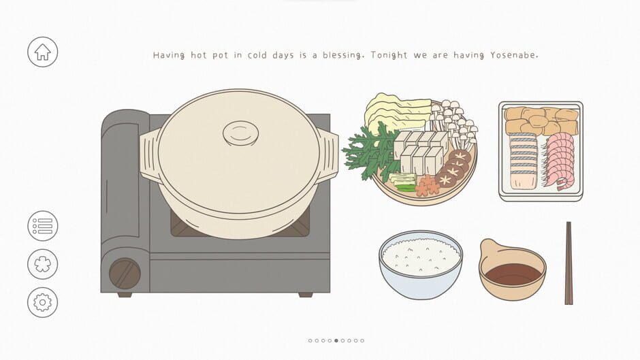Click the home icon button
(42, 52)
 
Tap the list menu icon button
(42, 226)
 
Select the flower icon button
(42, 264)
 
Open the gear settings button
(42, 302)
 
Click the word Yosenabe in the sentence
(514, 55)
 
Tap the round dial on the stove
(125, 274)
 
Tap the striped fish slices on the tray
(523, 160)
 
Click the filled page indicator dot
(336, 340)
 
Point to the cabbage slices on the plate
(395, 112)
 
